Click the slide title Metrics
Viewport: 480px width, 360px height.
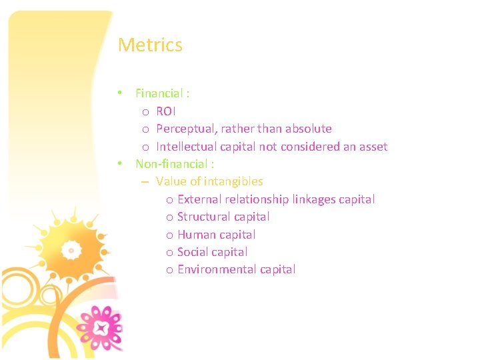[150, 45]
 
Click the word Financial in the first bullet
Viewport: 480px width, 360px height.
[159, 93]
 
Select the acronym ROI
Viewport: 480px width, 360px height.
[166, 111]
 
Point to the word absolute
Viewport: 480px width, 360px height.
[308, 129]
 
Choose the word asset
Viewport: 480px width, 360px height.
[373, 147]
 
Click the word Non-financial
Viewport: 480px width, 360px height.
[171, 164]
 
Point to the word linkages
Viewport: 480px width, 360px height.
[314, 199]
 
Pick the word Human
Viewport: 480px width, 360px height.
[194, 235]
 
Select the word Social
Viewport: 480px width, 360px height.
[193, 252]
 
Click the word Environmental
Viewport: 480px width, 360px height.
[216, 269]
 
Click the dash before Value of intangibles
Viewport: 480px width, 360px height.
[145, 181]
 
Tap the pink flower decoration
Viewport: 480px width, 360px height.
[101, 327]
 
